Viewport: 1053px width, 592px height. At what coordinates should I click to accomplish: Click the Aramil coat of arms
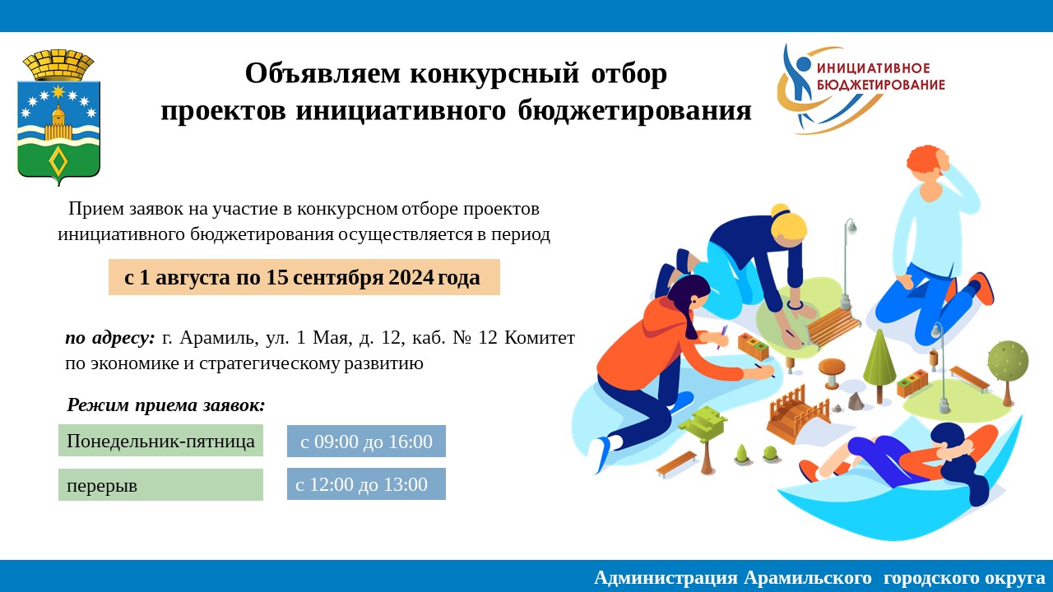click(58, 118)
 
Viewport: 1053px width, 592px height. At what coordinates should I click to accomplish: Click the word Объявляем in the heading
click(323, 74)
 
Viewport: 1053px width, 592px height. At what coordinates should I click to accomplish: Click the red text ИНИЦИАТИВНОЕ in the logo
click(874, 68)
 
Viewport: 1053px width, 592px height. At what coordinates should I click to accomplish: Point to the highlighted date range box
click(304, 277)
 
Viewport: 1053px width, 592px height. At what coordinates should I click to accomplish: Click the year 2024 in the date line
click(411, 277)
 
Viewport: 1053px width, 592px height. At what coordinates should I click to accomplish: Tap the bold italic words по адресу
click(109, 338)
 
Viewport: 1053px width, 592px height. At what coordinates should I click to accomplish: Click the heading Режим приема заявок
click(166, 405)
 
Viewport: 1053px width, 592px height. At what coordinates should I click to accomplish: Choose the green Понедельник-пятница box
click(160, 441)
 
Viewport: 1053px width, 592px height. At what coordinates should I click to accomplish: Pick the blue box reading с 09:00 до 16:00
click(366, 442)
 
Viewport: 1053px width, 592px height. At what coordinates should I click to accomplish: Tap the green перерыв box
click(160, 484)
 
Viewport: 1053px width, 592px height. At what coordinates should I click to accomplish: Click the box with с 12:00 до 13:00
click(366, 484)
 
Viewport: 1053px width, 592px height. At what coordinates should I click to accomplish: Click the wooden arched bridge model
click(798, 412)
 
